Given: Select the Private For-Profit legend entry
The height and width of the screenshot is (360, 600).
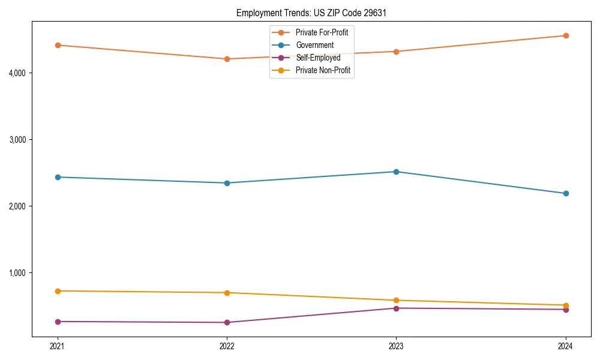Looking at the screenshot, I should pos(322,32).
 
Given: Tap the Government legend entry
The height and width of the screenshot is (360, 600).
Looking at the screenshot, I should pos(314,45).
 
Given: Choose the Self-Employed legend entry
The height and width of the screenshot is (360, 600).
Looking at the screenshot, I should pos(318,58).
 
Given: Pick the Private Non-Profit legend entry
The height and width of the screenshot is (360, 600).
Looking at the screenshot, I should pos(323,70).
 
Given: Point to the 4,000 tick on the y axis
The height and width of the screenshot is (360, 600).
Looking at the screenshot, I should pos(20,73).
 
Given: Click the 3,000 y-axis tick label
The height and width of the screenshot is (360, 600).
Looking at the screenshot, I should pos(20,140).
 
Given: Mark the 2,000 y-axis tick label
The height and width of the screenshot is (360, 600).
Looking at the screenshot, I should pos(20,206).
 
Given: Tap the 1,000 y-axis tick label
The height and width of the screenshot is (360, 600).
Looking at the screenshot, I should pos(20,273).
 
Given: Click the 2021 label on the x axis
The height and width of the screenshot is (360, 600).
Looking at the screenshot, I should pos(58,346).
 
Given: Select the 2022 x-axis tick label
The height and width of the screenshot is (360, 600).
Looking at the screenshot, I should pos(227,346).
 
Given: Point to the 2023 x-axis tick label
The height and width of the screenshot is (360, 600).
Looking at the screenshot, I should pos(396,346).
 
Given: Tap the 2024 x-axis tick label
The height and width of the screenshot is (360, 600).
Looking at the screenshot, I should pos(566,346).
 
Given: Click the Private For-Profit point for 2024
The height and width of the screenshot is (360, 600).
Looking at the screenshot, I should pos(566,35).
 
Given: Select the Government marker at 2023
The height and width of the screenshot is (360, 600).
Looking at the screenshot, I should pos(396,172).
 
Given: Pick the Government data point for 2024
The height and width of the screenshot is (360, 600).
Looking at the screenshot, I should pos(566,193).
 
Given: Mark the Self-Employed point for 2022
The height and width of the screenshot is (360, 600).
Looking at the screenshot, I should pos(227,322).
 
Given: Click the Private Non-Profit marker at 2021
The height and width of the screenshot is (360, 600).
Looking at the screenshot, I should pos(58,291).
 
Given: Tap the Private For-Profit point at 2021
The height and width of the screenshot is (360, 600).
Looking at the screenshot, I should pos(58,45).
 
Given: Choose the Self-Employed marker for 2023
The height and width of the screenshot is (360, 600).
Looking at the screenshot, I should pos(396,308).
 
